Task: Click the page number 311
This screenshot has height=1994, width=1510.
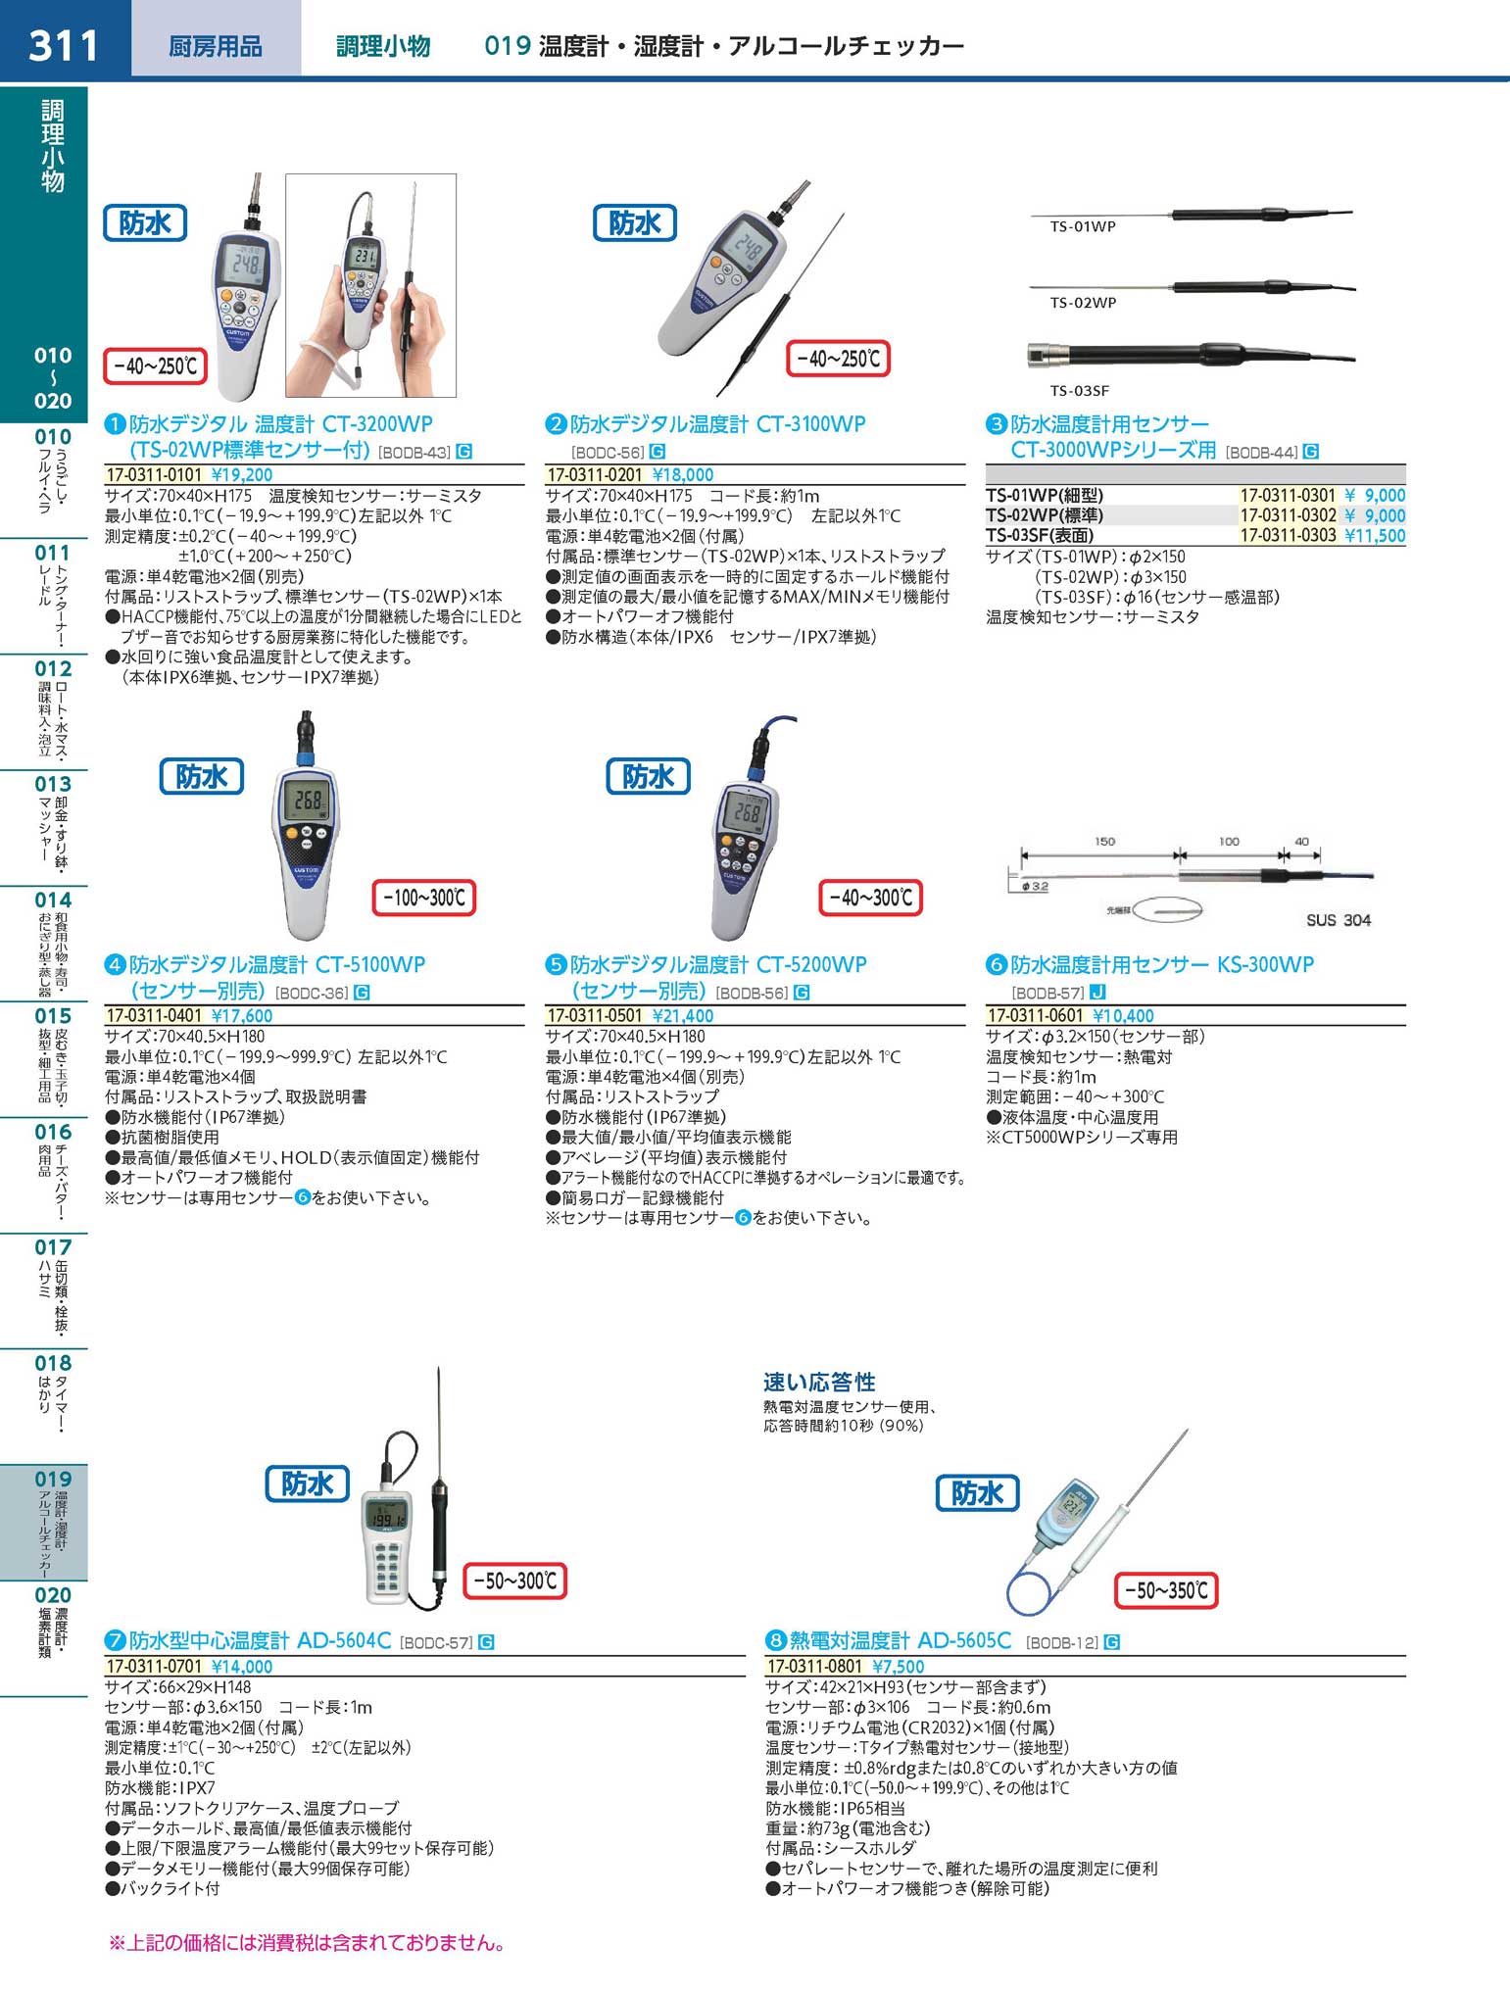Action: pos(64,46)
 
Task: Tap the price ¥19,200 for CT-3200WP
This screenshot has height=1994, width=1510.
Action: pos(242,475)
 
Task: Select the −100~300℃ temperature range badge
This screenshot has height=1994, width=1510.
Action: pos(424,898)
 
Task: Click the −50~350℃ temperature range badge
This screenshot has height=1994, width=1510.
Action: pos(1165,1589)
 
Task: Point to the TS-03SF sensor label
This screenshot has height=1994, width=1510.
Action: pos(1080,390)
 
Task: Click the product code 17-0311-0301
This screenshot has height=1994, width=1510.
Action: pos(1288,496)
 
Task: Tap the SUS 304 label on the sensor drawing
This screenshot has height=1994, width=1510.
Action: pos(1338,920)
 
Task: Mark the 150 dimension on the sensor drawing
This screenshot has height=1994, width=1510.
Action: pos(1104,842)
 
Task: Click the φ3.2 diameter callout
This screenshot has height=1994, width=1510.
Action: pos(1035,886)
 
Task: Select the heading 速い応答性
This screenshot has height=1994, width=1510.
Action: pos(819,1382)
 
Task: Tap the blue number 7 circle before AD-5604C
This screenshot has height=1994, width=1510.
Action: pos(115,1640)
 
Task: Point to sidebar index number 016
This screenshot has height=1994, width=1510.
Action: pos(53,1132)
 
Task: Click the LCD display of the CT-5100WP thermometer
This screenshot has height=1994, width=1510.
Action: pos(308,802)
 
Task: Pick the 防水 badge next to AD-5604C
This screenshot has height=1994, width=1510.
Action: pos(308,1483)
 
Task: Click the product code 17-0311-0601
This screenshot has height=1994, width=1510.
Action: pos(1036,1016)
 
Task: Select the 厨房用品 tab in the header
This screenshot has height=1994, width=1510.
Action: pos(216,46)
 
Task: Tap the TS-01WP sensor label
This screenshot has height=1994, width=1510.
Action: pos(1083,226)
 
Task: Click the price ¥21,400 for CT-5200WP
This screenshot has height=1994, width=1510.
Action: pos(683,1016)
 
